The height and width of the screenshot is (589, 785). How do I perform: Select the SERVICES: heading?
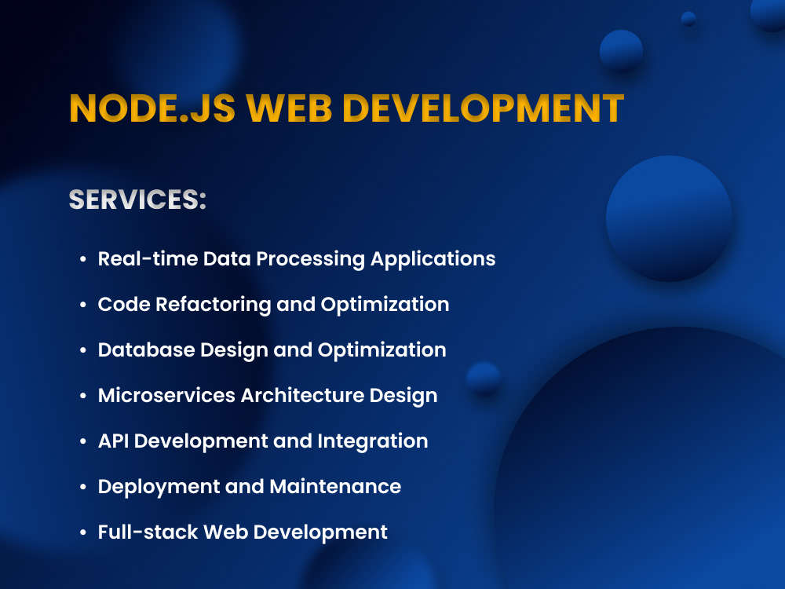point(137,199)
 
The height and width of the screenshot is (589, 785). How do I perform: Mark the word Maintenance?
point(335,486)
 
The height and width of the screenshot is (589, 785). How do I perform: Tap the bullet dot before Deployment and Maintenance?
point(82,487)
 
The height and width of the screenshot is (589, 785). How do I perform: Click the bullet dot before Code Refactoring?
point(82,305)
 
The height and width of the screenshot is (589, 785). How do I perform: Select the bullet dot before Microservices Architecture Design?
point(82,396)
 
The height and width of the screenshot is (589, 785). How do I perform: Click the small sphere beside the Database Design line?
point(483,379)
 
